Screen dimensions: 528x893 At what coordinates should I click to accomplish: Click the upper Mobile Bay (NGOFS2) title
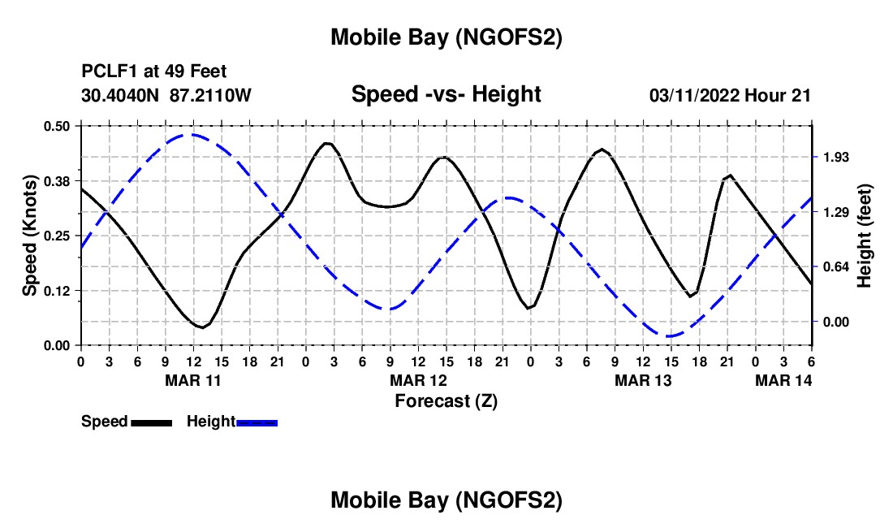446,37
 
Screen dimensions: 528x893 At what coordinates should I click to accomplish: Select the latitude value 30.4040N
121,95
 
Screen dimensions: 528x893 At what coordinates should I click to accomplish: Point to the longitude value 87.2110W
211,95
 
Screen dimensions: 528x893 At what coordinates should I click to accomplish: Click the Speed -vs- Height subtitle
446,94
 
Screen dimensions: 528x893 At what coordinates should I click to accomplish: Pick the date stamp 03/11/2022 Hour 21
730,95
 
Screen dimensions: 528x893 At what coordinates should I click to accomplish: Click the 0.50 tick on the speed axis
56,125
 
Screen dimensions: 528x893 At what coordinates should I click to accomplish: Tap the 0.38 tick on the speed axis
56,180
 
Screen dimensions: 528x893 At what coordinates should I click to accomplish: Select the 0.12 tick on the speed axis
56,291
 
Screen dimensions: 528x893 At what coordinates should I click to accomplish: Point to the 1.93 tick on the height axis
836,157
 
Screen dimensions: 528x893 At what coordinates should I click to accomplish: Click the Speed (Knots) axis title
30,236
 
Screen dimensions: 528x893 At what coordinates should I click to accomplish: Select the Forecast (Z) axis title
446,400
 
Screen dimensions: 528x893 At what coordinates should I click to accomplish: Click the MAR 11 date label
194,380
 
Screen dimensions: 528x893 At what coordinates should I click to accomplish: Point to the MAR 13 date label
643,380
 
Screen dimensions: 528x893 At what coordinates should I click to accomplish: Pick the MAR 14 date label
783,380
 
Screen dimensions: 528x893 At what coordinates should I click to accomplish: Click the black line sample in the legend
150,422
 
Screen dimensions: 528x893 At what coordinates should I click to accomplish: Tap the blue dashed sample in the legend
257,422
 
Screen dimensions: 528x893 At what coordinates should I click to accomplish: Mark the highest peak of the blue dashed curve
192,134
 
